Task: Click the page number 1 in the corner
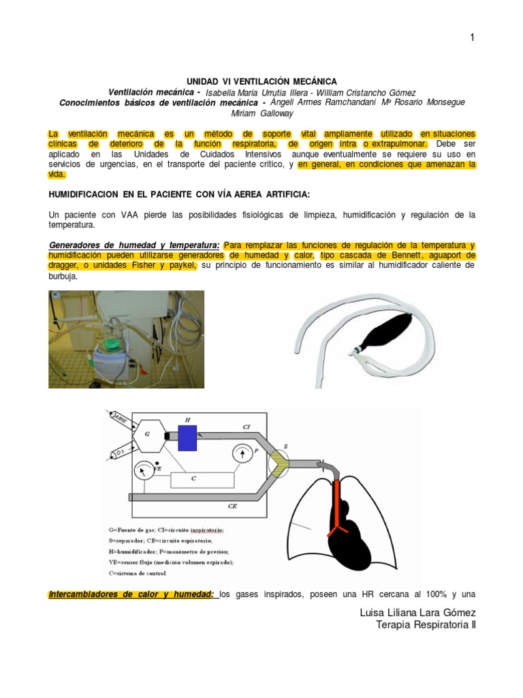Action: pos(471,38)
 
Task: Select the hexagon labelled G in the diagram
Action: pos(147,434)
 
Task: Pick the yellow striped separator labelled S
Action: pos(279,460)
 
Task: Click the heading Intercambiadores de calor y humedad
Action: pos(131,594)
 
